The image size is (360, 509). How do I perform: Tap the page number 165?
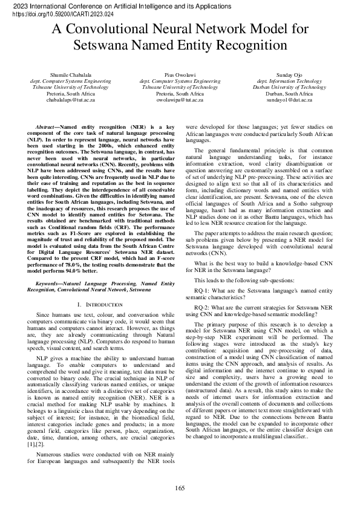click(180, 488)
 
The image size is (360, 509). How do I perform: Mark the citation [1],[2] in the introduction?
click(36, 444)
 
